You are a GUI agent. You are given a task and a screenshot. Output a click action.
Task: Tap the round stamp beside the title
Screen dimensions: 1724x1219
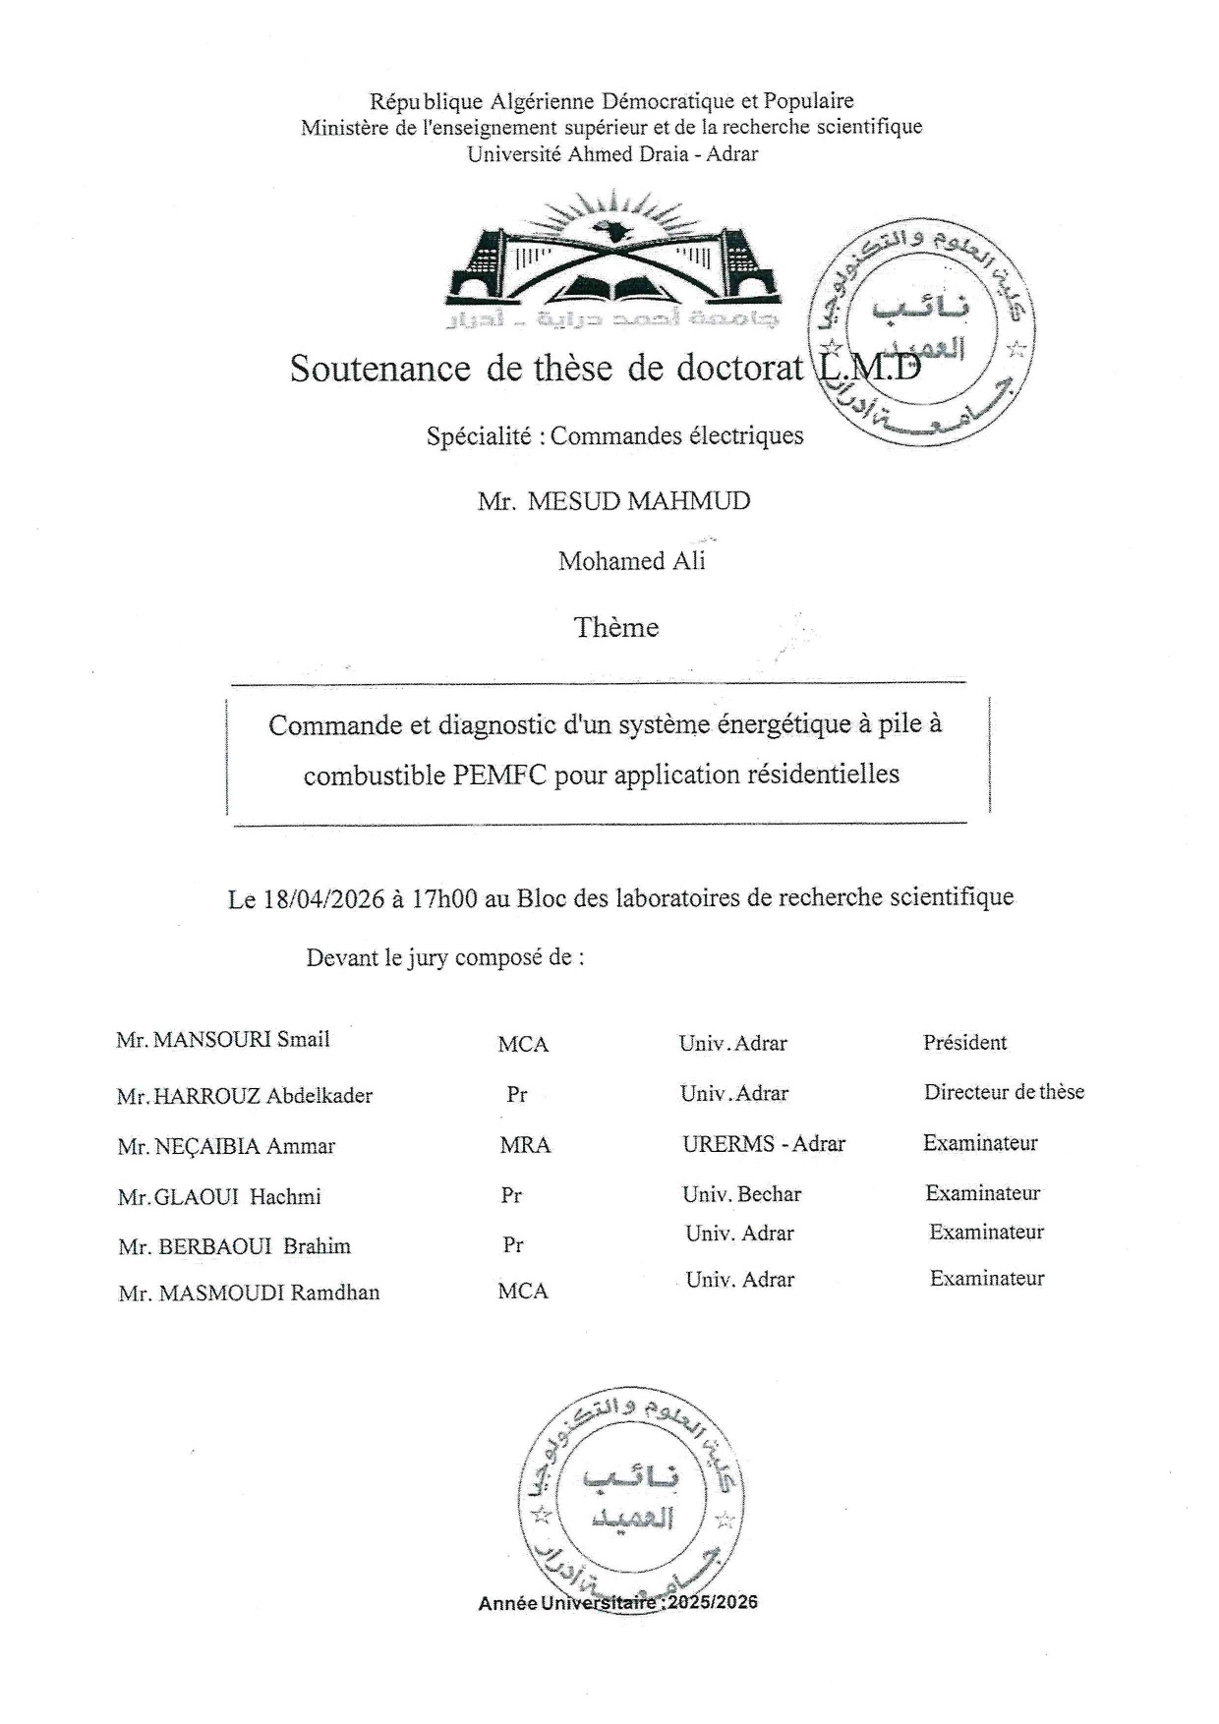tap(920, 333)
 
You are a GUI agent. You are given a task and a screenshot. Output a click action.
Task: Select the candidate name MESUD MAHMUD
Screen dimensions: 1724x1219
tap(639, 501)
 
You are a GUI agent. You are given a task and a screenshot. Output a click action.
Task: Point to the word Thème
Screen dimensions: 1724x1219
tap(616, 627)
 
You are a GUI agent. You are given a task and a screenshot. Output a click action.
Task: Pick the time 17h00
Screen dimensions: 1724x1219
tap(444, 898)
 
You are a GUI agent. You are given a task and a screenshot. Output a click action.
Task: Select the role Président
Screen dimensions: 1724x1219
tap(964, 1043)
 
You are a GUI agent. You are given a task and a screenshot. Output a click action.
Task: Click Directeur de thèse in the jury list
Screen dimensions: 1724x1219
tap(1004, 1092)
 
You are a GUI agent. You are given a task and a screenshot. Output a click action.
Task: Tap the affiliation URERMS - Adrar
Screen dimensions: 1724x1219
tap(764, 1144)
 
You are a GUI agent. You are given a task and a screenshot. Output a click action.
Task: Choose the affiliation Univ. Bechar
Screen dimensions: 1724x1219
tap(742, 1195)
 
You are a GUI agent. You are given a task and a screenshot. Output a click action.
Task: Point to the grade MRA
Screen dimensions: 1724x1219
tap(525, 1145)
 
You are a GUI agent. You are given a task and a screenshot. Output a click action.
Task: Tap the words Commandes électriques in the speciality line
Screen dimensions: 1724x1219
tap(676, 435)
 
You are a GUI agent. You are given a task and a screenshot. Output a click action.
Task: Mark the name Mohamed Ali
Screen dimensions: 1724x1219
tap(632, 561)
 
